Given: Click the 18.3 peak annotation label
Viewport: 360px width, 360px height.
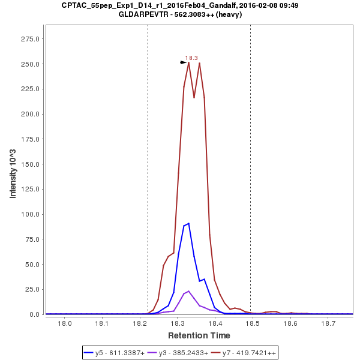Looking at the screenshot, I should (191, 58).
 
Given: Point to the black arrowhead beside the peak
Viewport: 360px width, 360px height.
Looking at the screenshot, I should (184, 62).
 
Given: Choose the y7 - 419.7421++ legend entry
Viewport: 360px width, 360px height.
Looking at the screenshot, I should (245, 353).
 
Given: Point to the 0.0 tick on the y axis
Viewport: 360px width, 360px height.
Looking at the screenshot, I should (35, 314).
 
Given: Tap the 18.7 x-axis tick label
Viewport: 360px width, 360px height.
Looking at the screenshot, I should (328, 324).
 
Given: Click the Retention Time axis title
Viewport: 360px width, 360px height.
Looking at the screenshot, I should (199, 335).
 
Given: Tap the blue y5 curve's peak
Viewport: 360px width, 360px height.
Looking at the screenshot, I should (188, 223).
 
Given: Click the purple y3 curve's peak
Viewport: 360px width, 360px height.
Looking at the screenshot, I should (188, 291).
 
